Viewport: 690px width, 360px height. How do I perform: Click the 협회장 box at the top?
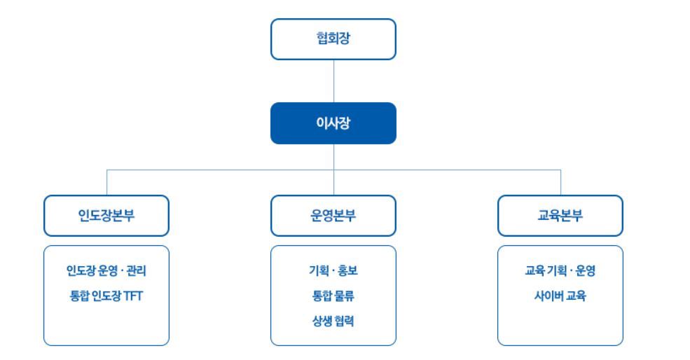[333, 39]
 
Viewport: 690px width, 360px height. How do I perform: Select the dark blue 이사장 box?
[333, 123]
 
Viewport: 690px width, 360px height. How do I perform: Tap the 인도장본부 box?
[106, 216]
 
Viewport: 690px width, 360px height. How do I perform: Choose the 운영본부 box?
[333, 216]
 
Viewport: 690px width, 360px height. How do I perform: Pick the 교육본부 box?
[560, 216]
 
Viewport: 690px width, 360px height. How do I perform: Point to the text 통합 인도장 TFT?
[106, 295]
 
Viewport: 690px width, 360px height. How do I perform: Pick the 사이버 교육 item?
[560, 295]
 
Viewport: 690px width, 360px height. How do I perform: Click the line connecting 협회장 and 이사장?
[333, 81]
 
